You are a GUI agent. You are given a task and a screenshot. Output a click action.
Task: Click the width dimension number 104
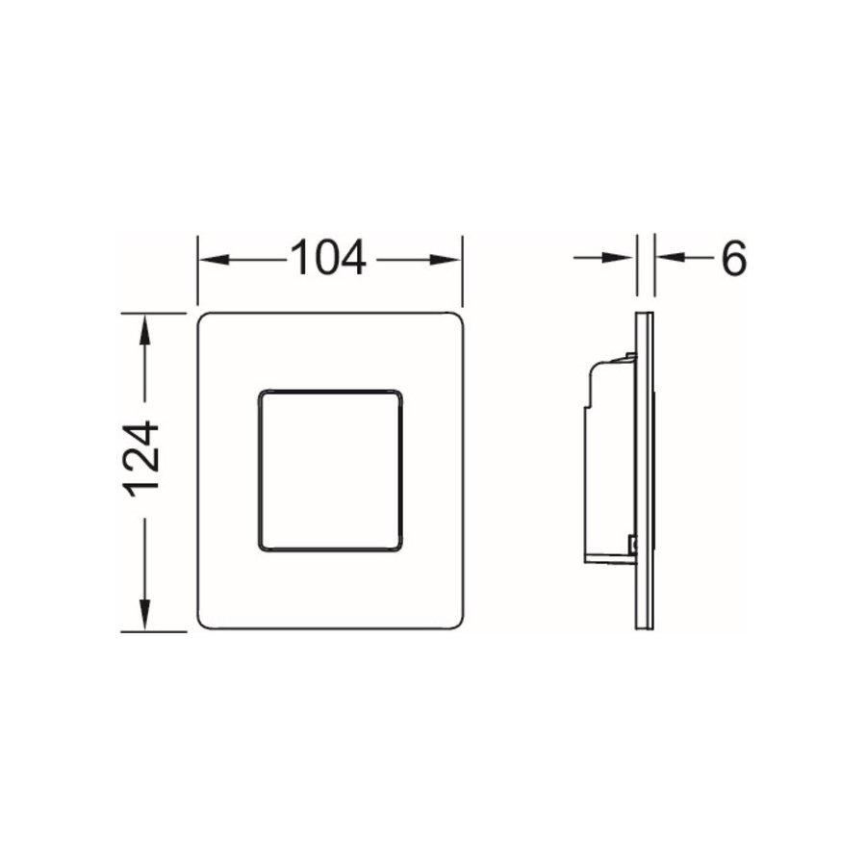coord(328,258)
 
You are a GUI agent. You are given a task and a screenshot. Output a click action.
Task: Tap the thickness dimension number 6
coord(732,258)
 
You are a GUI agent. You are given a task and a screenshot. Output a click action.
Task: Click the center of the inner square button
coord(329,471)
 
